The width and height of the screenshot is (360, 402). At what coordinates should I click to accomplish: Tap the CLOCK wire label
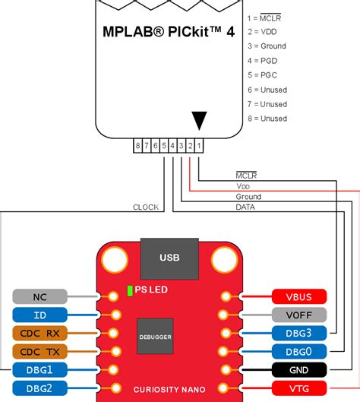pyautogui.click(x=145, y=207)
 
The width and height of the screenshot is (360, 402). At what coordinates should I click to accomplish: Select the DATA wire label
pyautogui.click(x=245, y=207)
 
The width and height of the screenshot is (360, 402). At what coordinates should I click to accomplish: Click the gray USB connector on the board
pyautogui.click(x=169, y=258)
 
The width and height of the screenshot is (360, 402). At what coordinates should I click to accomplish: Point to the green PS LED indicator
pyautogui.click(x=130, y=290)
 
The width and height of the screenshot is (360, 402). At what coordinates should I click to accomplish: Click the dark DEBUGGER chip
pyautogui.click(x=154, y=335)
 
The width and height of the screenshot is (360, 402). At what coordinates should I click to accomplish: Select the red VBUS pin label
pyautogui.click(x=298, y=296)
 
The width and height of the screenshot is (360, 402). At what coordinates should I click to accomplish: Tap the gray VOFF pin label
pyautogui.click(x=298, y=315)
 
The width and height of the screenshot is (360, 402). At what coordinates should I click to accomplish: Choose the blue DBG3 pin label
pyautogui.click(x=298, y=333)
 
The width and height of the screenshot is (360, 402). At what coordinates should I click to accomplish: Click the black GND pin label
pyautogui.click(x=298, y=369)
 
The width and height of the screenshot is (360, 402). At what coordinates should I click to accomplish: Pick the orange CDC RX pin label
pyautogui.click(x=39, y=333)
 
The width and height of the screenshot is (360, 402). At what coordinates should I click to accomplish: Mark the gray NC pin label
pyautogui.click(x=39, y=296)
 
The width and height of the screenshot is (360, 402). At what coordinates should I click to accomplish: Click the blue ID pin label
pyautogui.click(x=39, y=315)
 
